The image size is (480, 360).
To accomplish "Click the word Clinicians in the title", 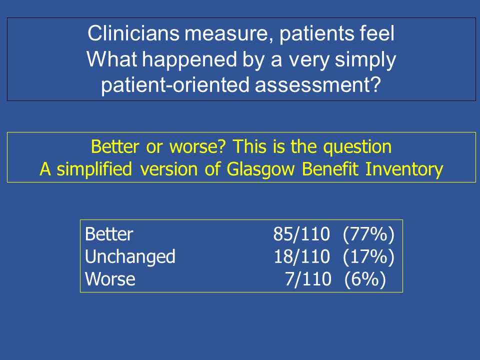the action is [133, 33].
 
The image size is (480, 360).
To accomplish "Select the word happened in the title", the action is [189, 59].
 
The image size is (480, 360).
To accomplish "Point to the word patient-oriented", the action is [175, 85].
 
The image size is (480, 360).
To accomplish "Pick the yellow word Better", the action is [115, 146].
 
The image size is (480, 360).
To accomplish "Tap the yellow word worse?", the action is [197, 147].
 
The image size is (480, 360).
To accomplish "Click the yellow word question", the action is [357, 147].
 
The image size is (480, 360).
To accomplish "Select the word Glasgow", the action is [260, 169].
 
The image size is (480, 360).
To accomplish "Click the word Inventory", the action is [404, 169].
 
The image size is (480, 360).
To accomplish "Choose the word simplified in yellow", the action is [94, 169].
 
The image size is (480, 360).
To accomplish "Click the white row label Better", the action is [109, 234].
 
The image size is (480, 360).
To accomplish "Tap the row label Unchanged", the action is [130, 257].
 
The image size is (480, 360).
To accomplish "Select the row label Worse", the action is [110, 279].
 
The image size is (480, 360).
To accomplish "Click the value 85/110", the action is [301, 234].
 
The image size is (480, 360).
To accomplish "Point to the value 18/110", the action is [302, 256].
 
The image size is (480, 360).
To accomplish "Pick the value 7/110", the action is [308, 279].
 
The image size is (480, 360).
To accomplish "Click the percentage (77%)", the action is [368, 235].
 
